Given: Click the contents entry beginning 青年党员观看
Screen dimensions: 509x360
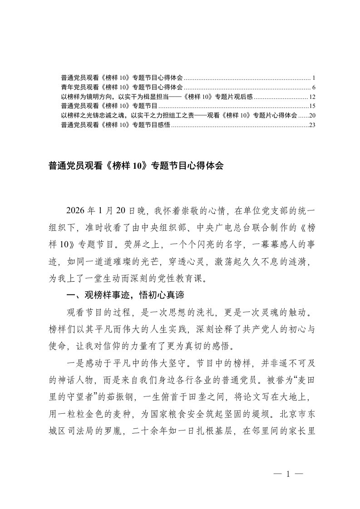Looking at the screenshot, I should tap(122, 87).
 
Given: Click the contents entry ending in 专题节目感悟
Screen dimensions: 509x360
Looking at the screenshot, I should tap(115, 125).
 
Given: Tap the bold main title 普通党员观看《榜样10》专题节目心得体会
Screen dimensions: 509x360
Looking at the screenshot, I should tap(136, 166).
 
